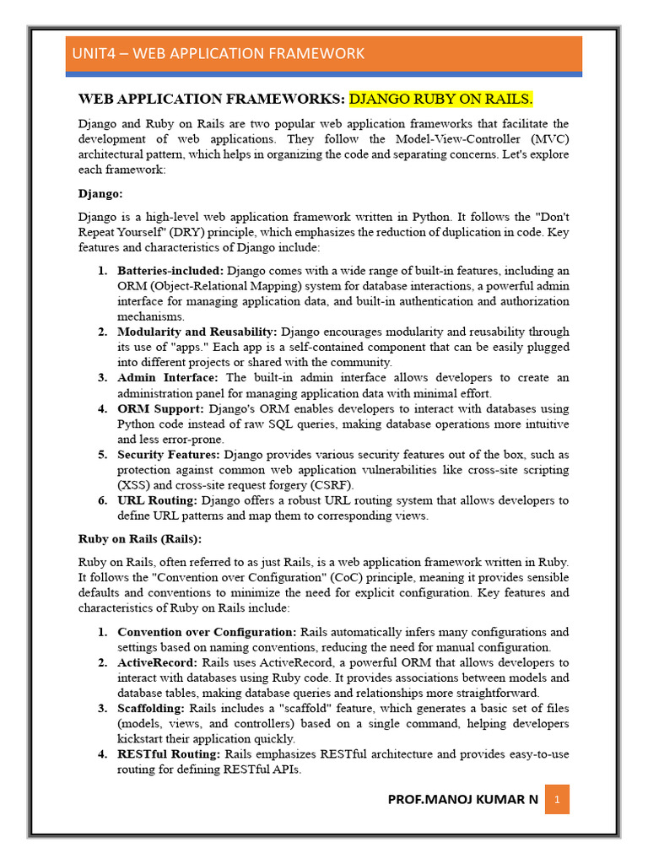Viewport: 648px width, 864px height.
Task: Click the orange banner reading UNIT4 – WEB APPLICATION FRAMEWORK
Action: (324, 54)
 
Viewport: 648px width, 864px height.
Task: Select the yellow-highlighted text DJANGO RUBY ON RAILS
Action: (441, 100)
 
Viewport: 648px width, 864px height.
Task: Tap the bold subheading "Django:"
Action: (100, 193)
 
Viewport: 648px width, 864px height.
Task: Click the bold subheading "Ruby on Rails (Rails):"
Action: (140, 538)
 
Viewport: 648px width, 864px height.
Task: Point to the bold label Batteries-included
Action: (170, 271)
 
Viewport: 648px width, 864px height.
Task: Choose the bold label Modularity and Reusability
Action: (197, 332)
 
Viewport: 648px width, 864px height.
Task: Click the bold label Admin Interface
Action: (167, 377)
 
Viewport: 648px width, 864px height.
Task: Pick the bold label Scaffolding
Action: (152, 708)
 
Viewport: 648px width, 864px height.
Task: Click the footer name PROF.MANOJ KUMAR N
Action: (462, 799)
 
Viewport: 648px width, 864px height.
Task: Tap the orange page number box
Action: (557, 799)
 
